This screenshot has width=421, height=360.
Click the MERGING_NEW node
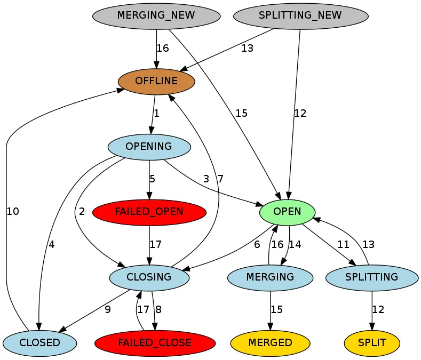point(156,15)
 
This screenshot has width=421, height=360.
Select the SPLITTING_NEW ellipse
point(300,15)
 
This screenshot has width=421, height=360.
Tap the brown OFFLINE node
point(156,81)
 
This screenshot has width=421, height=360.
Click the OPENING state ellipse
point(149,147)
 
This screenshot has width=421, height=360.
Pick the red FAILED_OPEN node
point(149,212)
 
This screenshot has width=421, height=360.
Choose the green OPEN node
point(287,212)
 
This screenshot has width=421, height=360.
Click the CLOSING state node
point(149,277)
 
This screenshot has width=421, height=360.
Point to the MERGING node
point(270,277)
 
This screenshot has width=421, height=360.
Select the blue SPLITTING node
point(371,277)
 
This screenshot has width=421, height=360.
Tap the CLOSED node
point(39,342)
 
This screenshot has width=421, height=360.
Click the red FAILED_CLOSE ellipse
point(155,342)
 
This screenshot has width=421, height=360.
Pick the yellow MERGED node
point(270,342)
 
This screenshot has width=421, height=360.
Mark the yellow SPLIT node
point(372,342)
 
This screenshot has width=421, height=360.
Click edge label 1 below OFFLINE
point(157,114)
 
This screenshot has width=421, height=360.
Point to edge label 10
point(13,212)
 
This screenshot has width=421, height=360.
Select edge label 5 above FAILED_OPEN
point(152,179)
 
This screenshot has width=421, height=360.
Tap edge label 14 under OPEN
point(295,245)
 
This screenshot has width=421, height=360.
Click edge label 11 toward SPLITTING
point(343,245)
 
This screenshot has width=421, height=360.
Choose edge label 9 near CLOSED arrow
point(108,310)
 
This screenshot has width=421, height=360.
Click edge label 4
point(52,245)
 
